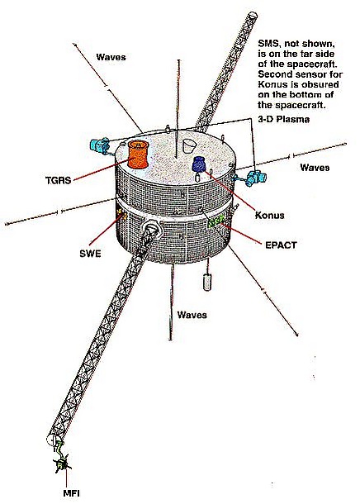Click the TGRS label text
[x=58, y=179]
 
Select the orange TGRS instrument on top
[x=138, y=155]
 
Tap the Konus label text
[x=270, y=215]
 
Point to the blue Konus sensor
[x=198, y=164]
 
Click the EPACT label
[x=281, y=245]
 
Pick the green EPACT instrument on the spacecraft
[x=216, y=221]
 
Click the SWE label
[x=90, y=254]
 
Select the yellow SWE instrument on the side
[x=121, y=213]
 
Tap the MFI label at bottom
[x=71, y=493]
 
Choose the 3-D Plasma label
[x=284, y=119]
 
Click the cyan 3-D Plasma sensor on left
[x=100, y=145]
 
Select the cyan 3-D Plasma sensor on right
[x=256, y=178]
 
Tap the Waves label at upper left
[x=111, y=57]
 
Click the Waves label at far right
[x=315, y=168]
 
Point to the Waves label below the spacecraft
[x=192, y=315]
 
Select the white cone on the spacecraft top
[x=188, y=145]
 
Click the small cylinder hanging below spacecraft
[x=207, y=283]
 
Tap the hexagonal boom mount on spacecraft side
[x=151, y=229]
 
